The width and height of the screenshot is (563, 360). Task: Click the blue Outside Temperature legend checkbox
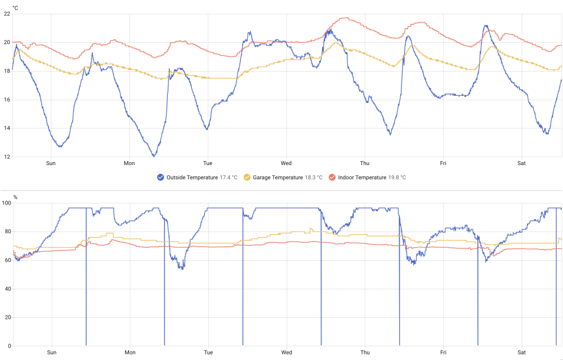[160, 177]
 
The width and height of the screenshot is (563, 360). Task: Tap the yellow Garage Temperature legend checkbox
[247, 177]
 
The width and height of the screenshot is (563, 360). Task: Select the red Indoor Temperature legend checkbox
[332, 177]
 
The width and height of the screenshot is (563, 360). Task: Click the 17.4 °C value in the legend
[229, 177]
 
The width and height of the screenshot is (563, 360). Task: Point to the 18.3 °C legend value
[314, 177]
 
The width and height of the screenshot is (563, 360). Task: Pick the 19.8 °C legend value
[397, 177]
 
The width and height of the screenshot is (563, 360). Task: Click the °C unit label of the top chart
[15, 7]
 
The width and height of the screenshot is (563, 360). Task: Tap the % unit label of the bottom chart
[15, 197]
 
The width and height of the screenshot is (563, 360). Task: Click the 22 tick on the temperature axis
[7, 14]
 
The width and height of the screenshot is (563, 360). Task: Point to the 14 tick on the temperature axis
[7, 128]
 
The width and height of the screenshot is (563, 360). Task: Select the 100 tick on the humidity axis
[6, 203]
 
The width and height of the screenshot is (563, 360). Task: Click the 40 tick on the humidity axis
[8, 289]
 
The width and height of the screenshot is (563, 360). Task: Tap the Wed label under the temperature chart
[286, 163]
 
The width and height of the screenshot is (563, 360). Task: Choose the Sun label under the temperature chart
[51, 163]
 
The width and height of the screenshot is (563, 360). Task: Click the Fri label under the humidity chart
[444, 353]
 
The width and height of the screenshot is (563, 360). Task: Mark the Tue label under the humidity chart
[208, 353]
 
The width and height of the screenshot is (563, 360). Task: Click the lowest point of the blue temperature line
[154, 156]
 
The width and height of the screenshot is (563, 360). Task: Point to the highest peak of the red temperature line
[346, 17]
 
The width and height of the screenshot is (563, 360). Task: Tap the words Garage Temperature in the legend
[278, 177]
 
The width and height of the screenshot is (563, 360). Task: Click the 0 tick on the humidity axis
[10, 346]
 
